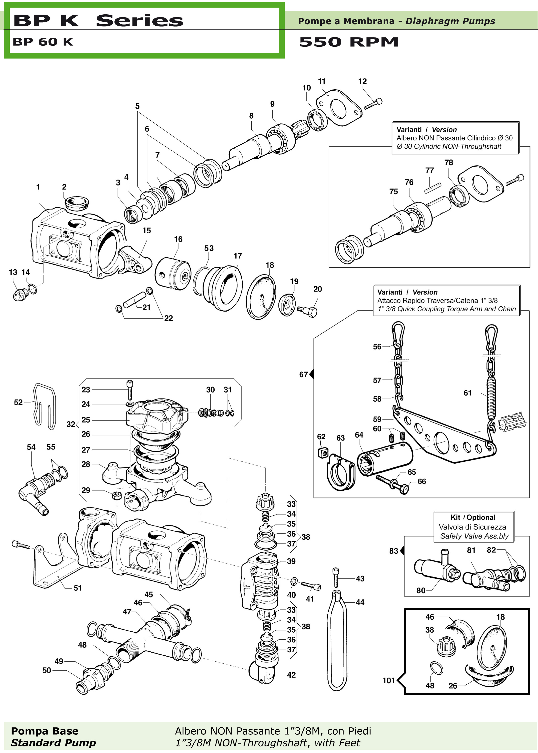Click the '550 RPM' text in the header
click(349, 42)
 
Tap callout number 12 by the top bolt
click(363, 81)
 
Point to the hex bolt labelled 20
click(307, 311)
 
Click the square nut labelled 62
click(323, 452)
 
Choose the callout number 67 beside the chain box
click(303, 374)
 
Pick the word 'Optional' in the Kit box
click(481, 517)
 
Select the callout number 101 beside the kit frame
click(389, 680)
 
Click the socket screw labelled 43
click(336, 578)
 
